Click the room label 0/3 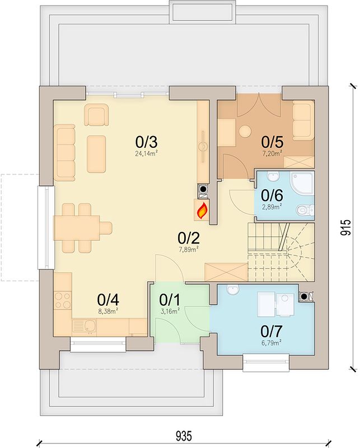[x=147, y=142]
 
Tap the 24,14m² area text [x=147, y=153]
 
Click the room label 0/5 [x=272, y=141]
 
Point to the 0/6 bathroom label [x=272, y=195]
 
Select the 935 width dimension [x=184, y=436]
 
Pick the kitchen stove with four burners [x=63, y=300]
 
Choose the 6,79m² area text [x=271, y=343]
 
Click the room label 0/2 [x=189, y=237]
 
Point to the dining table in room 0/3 [x=77, y=228]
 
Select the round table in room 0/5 [x=245, y=132]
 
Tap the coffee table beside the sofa [x=96, y=155]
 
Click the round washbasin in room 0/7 [x=232, y=290]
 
